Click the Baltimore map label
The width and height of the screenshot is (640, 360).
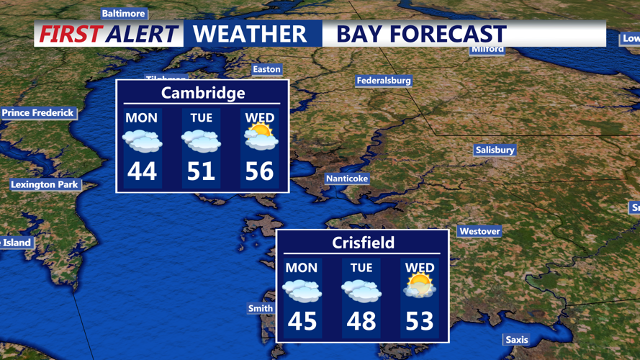click(124, 14)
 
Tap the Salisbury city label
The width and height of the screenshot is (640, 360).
click(495, 150)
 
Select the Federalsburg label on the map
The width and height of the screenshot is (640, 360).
click(384, 81)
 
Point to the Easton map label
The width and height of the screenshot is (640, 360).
click(266, 69)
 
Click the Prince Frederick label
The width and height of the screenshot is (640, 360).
click(38, 113)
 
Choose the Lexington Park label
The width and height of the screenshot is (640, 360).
click(44, 184)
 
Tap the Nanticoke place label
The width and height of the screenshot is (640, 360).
click(347, 178)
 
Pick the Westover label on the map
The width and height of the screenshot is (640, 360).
click(479, 231)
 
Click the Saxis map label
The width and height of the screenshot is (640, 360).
click(516, 339)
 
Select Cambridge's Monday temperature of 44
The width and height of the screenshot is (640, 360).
click(142, 171)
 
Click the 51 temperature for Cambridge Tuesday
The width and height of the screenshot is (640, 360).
click(201, 171)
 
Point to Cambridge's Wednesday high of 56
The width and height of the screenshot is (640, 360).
click(260, 171)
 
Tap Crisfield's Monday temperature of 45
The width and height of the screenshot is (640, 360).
click(302, 321)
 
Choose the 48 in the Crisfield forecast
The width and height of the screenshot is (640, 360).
click(361, 321)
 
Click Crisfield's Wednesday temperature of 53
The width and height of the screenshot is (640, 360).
click(420, 321)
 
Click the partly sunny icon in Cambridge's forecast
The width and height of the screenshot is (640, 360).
click(261, 137)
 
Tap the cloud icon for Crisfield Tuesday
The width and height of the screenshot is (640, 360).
click(361, 289)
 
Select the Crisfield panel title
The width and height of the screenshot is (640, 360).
click(363, 243)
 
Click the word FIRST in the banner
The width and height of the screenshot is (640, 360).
click(69, 34)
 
